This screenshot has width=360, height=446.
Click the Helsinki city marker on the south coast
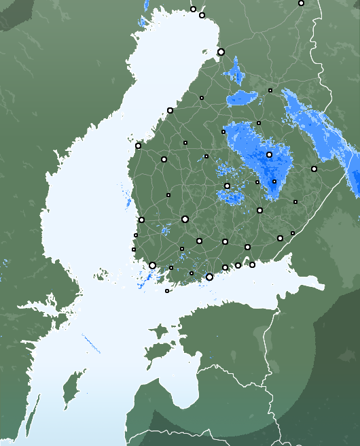209,277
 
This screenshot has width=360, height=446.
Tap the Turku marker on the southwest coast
152,265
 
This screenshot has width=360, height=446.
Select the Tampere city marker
185,219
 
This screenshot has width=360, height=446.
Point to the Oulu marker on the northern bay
221,52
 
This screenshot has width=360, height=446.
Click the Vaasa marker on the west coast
138,145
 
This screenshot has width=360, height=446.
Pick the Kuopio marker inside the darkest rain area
269,154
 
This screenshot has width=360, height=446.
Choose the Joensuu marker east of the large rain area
314,169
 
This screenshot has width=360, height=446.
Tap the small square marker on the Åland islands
167,291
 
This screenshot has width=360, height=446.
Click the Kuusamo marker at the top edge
301,3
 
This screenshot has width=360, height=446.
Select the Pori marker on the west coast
141,220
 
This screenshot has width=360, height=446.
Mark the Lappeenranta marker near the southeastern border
280,238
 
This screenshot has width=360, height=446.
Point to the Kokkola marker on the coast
170,110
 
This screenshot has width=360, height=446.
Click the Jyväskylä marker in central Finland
227,186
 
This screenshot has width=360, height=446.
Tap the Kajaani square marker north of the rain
270,90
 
